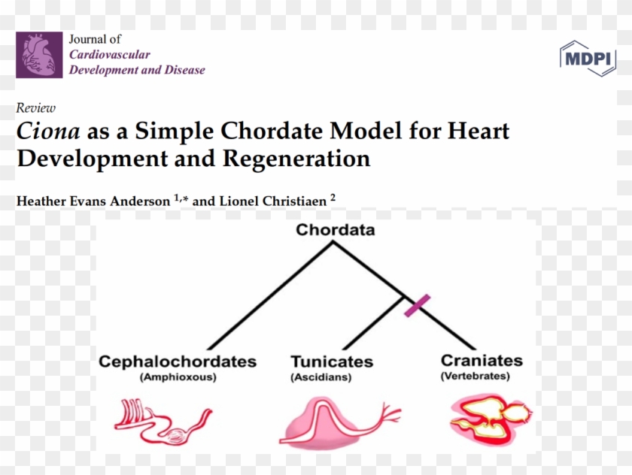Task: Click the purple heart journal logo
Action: (x=39, y=55)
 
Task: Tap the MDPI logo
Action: (x=588, y=58)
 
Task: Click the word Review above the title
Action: (x=35, y=108)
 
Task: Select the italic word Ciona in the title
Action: (x=48, y=132)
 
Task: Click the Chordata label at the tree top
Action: (x=335, y=230)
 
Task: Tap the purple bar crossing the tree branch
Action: (x=417, y=306)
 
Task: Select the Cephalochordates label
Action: (x=178, y=362)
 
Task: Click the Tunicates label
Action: (x=332, y=362)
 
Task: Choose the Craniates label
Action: (x=482, y=361)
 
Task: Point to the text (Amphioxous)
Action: (x=178, y=377)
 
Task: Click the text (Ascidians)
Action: (x=321, y=377)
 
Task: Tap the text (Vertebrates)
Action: (x=475, y=376)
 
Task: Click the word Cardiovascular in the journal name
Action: (x=110, y=55)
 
